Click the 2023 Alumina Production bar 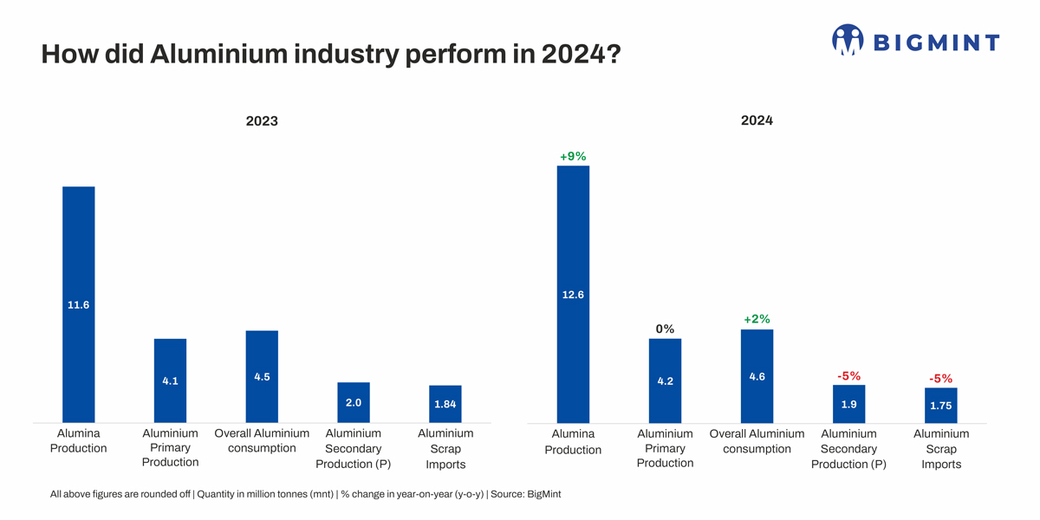(78, 260)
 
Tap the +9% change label (573, 156)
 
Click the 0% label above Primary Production (665, 328)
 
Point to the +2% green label (757, 319)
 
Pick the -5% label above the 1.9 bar (848, 376)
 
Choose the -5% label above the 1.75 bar (940, 379)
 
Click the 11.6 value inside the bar (78, 305)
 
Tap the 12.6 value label (573, 295)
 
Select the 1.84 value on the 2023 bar (445, 405)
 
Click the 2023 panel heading (262, 121)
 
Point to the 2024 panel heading (757, 120)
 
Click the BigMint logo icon (848, 40)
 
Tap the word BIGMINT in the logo (935, 42)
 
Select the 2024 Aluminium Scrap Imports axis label (941, 449)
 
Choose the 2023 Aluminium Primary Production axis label (170, 447)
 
